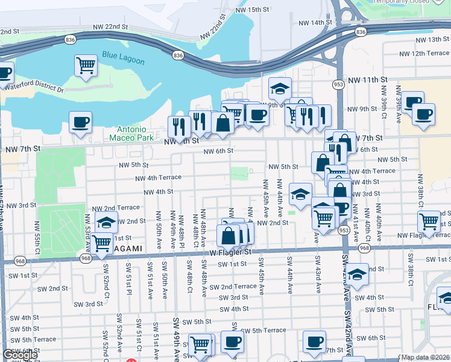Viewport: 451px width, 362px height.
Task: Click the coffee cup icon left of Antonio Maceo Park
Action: pyautogui.click(x=80, y=123)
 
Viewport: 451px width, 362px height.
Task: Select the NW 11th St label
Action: pyautogui.click(x=367, y=80)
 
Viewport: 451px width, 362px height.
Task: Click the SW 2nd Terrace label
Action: pyautogui.click(x=230, y=287)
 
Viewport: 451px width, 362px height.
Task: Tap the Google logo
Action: pyautogui.click(x=20, y=355)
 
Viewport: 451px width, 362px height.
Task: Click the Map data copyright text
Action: pyautogui.click(x=425, y=357)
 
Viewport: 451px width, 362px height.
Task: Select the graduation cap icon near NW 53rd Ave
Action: pyautogui.click(x=106, y=223)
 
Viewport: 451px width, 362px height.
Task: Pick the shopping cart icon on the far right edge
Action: pyautogui.click(x=429, y=221)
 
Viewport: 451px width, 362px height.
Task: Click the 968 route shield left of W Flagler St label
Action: pyautogui.click(x=84, y=258)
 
